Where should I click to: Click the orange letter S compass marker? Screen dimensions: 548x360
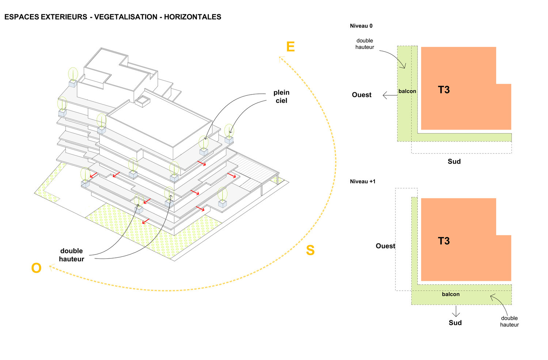coord(310,250)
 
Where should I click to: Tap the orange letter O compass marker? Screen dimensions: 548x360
coord(37,268)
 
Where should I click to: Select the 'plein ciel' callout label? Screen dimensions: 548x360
coord(281,96)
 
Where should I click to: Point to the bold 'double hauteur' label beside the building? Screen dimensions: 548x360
coord(72,255)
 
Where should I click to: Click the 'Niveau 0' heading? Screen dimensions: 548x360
coord(361,26)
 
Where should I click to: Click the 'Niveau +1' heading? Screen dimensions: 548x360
coord(362,181)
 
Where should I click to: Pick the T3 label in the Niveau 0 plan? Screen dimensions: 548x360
coord(444,90)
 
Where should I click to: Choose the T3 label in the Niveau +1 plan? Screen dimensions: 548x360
coord(444,241)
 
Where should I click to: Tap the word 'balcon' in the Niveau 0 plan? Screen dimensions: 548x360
coord(407,91)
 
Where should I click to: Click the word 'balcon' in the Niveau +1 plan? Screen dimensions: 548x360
coord(450,294)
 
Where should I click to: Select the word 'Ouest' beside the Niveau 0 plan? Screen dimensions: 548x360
coord(362,95)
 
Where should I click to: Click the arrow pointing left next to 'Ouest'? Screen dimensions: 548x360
coord(390,95)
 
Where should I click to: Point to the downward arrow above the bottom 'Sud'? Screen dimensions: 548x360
coord(456,311)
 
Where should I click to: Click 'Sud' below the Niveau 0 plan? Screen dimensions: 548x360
coord(454,161)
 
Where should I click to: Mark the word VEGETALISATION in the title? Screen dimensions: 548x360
coord(126,17)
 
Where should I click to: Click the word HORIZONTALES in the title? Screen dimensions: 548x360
coord(193,17)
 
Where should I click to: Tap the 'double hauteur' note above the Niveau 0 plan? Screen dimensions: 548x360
coord(365,44)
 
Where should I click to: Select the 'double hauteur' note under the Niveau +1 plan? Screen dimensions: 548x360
coord(509,321)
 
